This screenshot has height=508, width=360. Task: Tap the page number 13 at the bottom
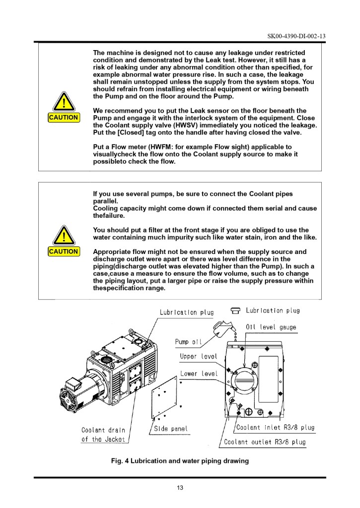click(x=180, y=488)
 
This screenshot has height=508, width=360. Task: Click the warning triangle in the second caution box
click(x=63, y=235)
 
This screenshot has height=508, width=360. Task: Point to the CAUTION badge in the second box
click(x=63, y=252)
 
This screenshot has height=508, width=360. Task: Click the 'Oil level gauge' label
click(x=271, y=326)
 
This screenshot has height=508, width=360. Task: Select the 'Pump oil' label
click(x=189, y=342)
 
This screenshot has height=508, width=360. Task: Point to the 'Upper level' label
click(x=197, y=357)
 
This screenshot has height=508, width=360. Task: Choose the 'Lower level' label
click(x=197, y=374)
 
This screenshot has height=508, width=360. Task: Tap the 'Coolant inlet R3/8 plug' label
click(x=275, y=428)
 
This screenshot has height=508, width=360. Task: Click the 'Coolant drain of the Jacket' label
click(x=103, y=434)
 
